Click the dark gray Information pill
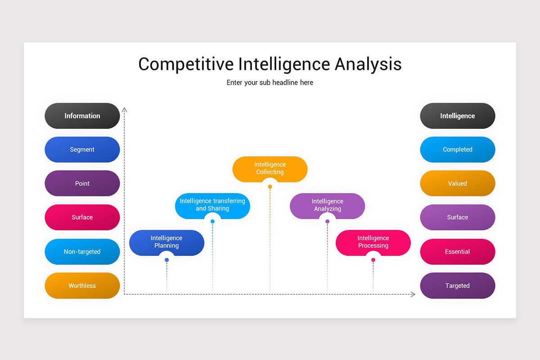click(82, 116)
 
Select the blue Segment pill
click(82, 149)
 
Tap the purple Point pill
click(82, 184)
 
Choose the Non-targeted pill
click(82, 252)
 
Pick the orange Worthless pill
click(82, 285)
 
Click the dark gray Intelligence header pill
click(457, 116)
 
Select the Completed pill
click(457, 149)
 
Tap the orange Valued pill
click(457, 184)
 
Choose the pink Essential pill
click(457, 252)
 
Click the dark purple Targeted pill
click(457, 285)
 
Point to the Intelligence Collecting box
click(270, 169)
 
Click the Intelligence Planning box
click(166, 242)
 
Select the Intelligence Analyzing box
click(327, 205)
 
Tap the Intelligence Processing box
click(373, 242)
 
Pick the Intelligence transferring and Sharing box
click(212, 205)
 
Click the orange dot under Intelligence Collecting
click(270, 187)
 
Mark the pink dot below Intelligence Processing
click(373, 260)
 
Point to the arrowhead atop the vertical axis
click(125, 109)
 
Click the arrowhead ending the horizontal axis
click(413, 294)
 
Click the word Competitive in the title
click(186, 64)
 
